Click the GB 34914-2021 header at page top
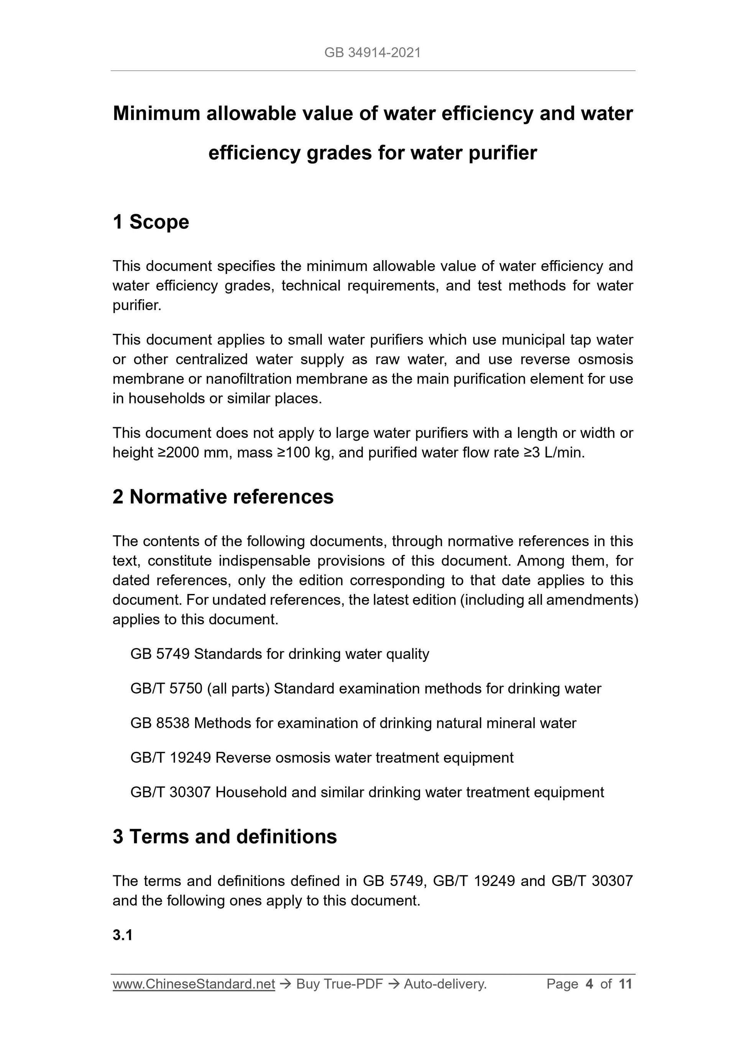click(372, 53)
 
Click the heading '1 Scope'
click(151, 222)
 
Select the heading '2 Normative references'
click(223, 497)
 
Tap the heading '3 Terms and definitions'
click(224, 837)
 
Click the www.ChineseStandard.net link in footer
click(194, 984)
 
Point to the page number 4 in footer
click(589, 984)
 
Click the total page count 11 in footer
click(625, 984)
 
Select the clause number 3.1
click(122, 935)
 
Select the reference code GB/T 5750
click(166, 688)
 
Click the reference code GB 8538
click(159, 723)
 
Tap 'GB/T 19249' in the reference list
click(171, 758)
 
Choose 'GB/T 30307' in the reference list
click(171, 792)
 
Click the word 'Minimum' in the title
click(156, 113)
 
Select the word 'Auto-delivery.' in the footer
click(445, 984)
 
